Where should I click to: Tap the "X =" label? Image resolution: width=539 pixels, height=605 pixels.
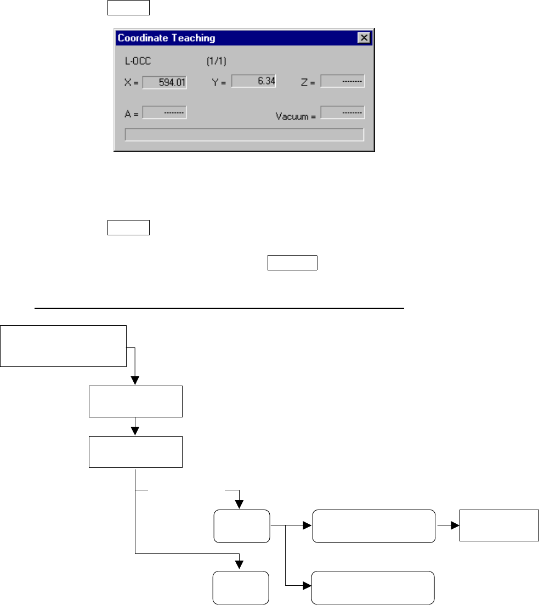(132, 83)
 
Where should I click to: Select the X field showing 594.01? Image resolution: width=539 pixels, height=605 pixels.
(164, 83)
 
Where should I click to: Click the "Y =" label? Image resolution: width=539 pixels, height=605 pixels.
(219, 83)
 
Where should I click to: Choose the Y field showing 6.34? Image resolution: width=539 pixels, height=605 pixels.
(253, 81)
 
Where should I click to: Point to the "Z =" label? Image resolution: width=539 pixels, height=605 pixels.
(308, 83)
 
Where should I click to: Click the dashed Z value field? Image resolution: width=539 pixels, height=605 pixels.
(342, 81)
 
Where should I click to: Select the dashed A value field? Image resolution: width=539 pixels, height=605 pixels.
(164, 112)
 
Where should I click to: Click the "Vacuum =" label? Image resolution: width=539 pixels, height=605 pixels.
(295, 116)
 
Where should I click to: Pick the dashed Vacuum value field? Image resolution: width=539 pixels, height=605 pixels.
(342, 112)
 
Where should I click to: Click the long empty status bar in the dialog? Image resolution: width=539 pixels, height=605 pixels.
(244, 134)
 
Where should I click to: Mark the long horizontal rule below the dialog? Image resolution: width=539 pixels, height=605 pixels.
(219, 308)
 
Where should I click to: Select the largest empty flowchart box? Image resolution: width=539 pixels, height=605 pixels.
(64, 346)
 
